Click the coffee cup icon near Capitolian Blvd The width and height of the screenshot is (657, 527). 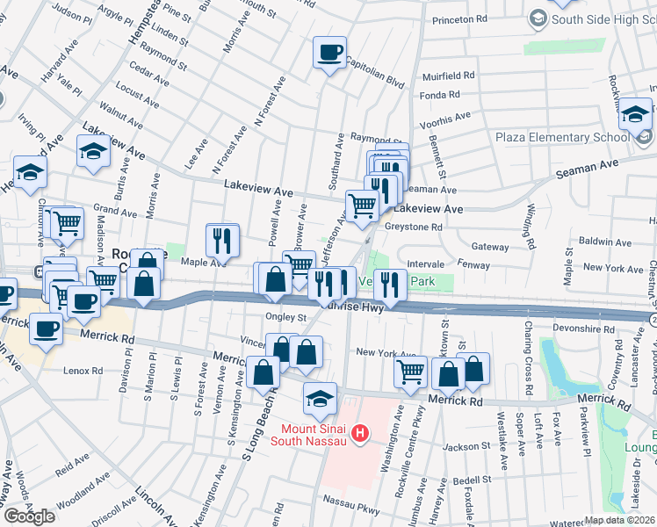(x=330, y=54)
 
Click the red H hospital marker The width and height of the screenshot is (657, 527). (x=358, y=433)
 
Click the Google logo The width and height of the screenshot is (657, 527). (x=29, y=516)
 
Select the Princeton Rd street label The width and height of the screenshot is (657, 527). (x=458, y=18)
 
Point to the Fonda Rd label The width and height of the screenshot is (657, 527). (x=440, y=95)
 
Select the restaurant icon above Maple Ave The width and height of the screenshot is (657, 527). (x=222, y=239)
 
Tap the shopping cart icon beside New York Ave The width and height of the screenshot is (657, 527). (x=410, y=372)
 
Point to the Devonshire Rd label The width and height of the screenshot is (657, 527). (x=581, y=329)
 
